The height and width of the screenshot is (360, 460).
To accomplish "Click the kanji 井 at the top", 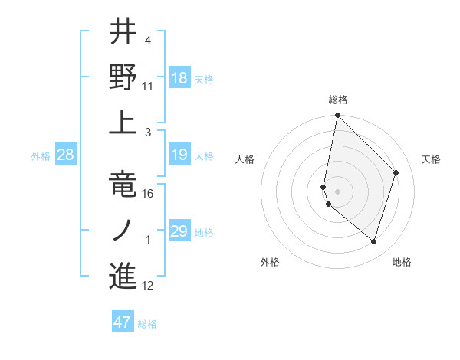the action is [123, 32].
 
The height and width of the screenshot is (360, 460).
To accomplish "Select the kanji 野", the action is [123, 77].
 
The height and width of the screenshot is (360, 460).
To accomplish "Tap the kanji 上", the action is [123, 123].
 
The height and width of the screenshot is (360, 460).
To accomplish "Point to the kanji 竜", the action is [123, 184].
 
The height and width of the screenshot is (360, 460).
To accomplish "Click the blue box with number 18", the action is [179, 77].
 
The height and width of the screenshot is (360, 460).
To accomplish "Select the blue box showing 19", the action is [179, 155].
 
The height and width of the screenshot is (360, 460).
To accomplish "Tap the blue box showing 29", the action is [179, 232].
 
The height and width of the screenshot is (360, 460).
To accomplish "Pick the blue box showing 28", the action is [66, 155].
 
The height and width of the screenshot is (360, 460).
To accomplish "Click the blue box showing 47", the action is [123, 322].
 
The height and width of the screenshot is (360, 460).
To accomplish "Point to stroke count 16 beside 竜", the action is [149, 194].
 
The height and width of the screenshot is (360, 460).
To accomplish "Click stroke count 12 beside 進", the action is [149, 286].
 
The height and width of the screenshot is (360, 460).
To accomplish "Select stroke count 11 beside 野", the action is [149, 87].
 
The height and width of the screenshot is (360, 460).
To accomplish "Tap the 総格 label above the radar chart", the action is [337, 100].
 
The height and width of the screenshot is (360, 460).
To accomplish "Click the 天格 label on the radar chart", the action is [431, 159].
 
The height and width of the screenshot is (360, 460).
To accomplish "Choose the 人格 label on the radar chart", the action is [245, 159].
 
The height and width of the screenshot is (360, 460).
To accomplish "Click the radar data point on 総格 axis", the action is [337, 116].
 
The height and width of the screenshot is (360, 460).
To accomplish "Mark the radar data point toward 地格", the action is [374, 242].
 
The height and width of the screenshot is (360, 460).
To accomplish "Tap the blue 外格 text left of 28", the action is [41, 156].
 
